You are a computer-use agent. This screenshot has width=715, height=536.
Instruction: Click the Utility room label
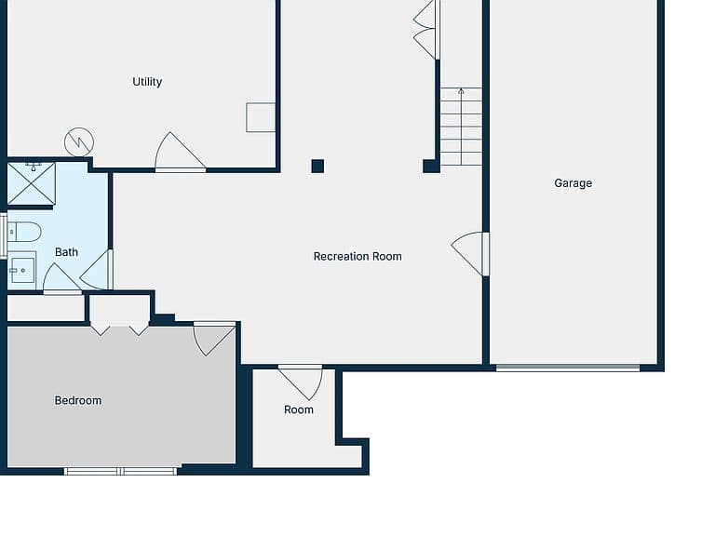[147, 82]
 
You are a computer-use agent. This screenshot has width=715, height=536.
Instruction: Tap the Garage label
[573, 183]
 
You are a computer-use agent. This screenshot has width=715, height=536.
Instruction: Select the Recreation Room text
[357, 257]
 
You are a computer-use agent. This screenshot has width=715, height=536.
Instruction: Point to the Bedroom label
[78, 401]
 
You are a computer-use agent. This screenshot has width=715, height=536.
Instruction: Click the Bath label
[66, 252]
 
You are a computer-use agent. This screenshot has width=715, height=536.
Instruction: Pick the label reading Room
[299, 409]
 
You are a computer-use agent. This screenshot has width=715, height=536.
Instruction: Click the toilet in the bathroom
[24, 232]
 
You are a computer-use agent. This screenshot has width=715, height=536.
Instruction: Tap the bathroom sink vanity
[22, 270]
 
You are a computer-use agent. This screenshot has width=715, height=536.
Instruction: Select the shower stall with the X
[31, 183]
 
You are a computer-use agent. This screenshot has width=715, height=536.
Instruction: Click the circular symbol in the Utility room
[79, 142]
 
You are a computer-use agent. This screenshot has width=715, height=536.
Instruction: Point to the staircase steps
[461, 127]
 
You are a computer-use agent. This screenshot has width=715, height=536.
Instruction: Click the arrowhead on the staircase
[461, 91]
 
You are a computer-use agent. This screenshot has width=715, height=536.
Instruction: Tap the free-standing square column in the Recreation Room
[317, 166]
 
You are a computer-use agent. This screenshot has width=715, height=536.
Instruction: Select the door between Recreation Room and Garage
[469, 254]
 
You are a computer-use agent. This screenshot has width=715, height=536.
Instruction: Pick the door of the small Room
[301, 382]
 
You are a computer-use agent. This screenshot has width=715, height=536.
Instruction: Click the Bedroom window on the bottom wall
[120, 471]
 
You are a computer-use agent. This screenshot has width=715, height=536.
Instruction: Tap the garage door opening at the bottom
[568, 368]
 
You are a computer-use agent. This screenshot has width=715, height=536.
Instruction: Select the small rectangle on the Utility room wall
[261, 117]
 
